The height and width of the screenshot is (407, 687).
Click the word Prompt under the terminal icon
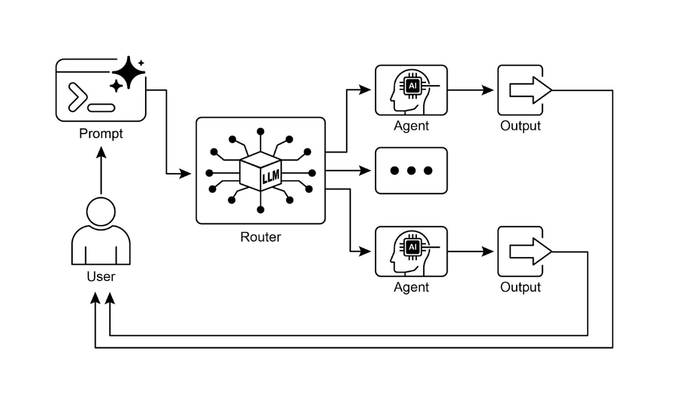pyautogui.click(x=101, y=134)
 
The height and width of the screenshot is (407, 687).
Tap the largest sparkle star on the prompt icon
pyautogui.click(x=128, y=72)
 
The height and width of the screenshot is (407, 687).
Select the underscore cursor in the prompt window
pyautogui.click(x=101, y=108)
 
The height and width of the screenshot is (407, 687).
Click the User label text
pyautogui.click(x=101, y=277)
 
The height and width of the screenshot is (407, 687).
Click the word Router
pyautogui.click(x=260, y=237)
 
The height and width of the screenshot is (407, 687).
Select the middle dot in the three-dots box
pyautogui.click(x=411, y=171)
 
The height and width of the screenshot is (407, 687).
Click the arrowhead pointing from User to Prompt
pyautogui.click(x=101, y=152)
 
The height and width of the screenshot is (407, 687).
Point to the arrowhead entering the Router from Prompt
pyautogui.click(x=186, y=174)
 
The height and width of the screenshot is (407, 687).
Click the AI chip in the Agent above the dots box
pyautogui.click(x=413, y=86)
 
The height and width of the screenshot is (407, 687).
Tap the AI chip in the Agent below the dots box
pyautogui.click(x=413, y=247)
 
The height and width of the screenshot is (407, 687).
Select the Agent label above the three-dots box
pyautogui.click(x=411, y=126)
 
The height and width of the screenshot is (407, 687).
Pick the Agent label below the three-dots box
pyautogui.click(x=411, y=287)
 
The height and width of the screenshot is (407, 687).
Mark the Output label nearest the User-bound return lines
pyautogui.click(x=520, y=287)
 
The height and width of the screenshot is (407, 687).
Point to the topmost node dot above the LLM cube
pyautogui.click(x=260, y=131)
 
